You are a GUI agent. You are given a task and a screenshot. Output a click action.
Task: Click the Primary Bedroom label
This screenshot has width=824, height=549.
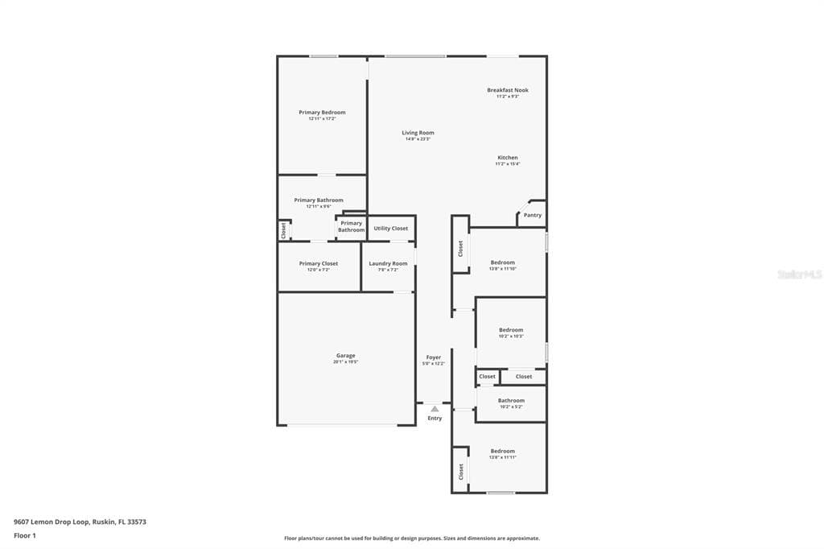click(322, 113)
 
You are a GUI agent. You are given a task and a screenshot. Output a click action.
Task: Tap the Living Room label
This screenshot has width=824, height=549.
click(418, 133)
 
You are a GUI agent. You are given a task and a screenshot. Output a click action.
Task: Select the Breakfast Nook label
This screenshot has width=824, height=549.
click(507, 90)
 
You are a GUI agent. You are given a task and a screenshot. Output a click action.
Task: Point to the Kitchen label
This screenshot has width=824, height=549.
click(507, 158)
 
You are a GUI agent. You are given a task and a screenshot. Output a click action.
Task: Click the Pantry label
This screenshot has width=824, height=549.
click(532, 216)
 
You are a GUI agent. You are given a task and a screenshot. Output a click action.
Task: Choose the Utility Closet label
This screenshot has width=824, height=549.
click(390, 229)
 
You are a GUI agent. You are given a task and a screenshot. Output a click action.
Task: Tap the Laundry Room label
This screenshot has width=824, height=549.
click(388, 264)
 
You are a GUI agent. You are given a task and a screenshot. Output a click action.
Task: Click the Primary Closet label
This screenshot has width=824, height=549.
click(318, 264)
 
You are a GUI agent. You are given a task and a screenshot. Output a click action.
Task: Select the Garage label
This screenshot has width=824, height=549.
click(345, 356)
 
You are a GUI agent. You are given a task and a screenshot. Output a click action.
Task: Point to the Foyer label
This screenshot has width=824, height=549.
click(433, 357)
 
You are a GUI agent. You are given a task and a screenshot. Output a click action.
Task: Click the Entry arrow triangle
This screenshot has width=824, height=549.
click(435, 409)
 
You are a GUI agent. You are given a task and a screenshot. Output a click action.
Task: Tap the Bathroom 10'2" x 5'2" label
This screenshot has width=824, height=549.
click(511, 401)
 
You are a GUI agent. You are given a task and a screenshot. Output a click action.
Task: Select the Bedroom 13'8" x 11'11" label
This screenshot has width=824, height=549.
click(502, 452)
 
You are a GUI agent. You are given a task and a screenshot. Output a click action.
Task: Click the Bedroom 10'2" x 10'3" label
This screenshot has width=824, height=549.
click(511, 330)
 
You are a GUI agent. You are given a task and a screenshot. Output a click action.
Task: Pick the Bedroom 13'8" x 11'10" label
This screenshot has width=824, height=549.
click(503, 262)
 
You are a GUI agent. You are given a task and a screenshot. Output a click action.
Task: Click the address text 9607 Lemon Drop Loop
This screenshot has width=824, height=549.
click(80, 522)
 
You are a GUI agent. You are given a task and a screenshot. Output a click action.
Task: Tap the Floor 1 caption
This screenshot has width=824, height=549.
click(25, 535)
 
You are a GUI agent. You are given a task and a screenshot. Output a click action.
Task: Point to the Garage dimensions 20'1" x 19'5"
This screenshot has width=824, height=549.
click(345, 362)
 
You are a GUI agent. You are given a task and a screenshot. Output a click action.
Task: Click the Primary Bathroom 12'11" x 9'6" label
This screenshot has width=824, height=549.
click(319, 200)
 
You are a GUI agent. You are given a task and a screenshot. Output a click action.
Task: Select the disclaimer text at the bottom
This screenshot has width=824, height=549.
click(411, 539)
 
